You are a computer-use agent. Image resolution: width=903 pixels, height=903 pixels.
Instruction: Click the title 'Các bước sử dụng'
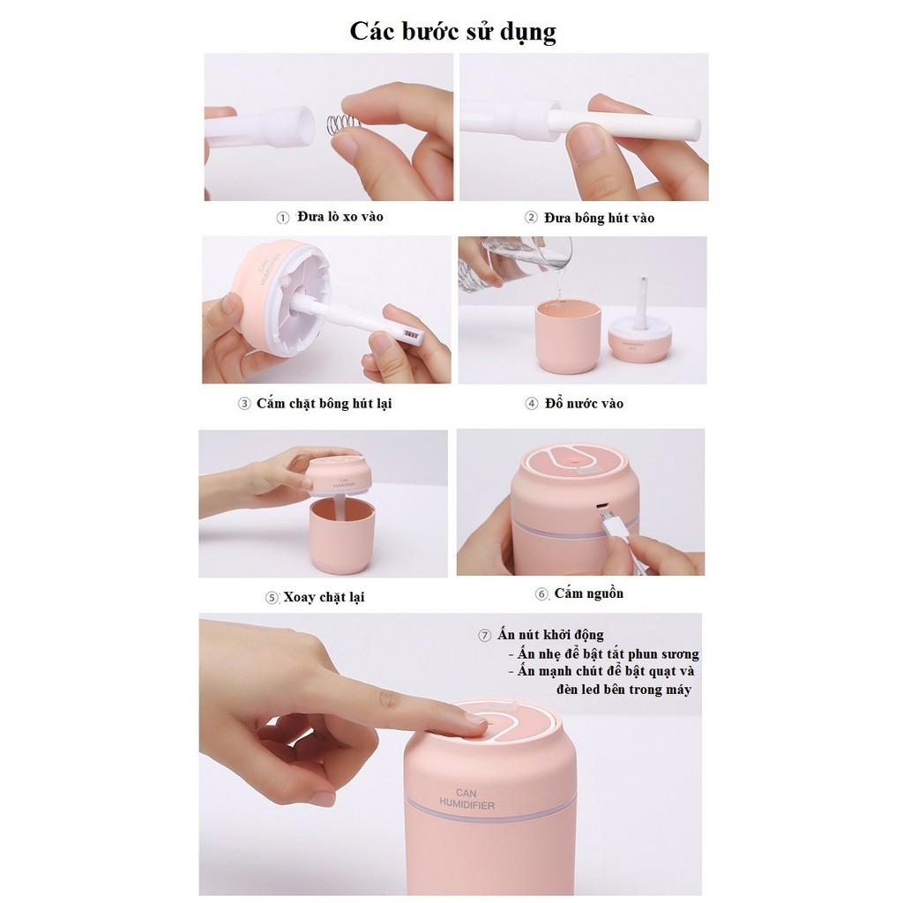452,31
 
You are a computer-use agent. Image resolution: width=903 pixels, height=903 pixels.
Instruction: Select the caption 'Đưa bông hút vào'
600,218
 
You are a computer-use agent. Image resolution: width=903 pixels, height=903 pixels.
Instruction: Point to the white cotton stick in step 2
626,125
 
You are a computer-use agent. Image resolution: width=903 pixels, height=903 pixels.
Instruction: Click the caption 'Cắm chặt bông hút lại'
324,403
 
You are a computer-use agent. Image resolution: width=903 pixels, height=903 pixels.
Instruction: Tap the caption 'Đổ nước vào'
586,403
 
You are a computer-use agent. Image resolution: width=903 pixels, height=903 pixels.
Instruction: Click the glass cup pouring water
529,256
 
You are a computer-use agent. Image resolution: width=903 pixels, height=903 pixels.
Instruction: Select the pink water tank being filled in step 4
568,335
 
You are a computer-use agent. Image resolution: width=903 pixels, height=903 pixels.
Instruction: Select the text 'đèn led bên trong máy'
623,689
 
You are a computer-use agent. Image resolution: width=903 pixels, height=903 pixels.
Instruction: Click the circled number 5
272,598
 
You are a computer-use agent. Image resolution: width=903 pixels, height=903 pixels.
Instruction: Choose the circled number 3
244,404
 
